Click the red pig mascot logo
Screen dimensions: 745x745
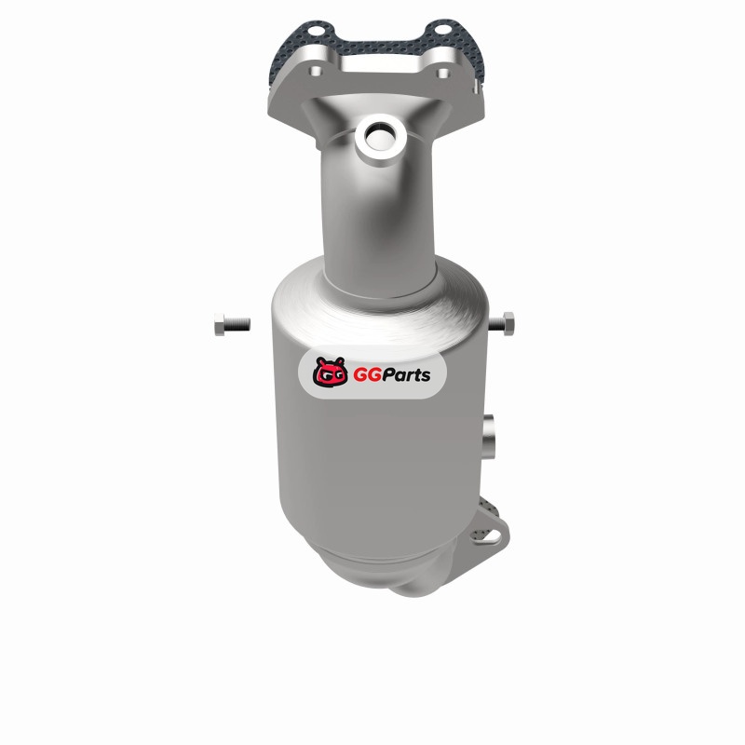click(x=330, y=372)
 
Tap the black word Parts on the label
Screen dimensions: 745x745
click(x=405, y=375)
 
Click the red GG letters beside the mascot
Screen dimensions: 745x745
click(x=366, y=375)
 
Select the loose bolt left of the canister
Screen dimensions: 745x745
click(x=232, y=324)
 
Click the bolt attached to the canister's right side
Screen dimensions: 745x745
click(x=502, y=323)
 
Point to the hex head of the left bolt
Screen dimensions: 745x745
click(x=220, y=324)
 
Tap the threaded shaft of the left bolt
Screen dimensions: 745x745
click(x=237, y=324)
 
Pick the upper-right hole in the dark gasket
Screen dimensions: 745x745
click(x=441, y=30)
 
